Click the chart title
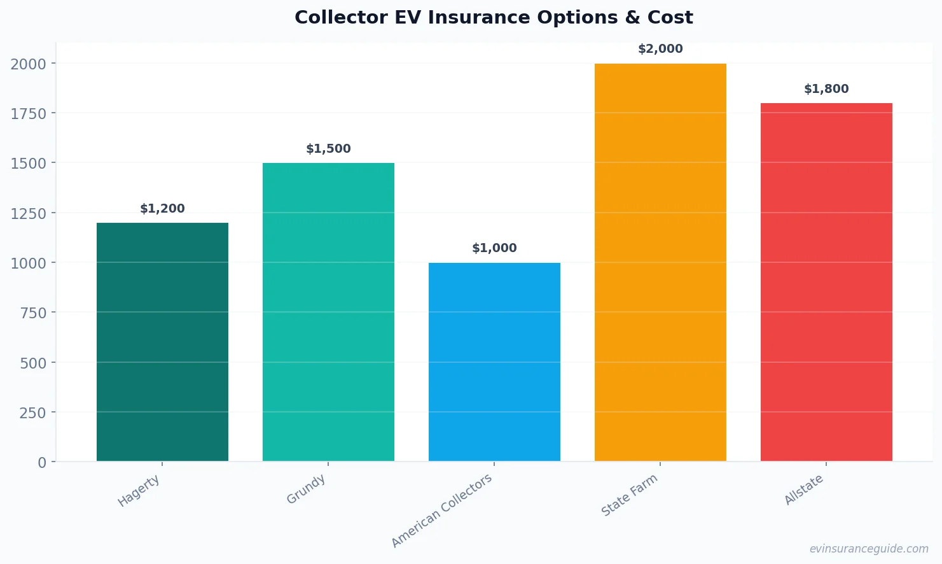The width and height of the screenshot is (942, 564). coord(494,17)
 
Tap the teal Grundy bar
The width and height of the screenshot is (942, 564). coord(328,312)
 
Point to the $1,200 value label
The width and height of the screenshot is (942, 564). coord(162,209)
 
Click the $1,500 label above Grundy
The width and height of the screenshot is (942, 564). coord(328,149)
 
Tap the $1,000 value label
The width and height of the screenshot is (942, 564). coord(494,248)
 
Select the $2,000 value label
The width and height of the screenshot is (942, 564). coord(660,49)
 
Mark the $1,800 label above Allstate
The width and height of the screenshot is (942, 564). coord(826,89)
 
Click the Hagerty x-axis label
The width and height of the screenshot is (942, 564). coord(139,491)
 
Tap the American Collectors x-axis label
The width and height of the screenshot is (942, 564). coord(442,511)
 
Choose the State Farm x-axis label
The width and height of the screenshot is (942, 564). coord(629,496)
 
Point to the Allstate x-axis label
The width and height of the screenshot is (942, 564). coord(804,490)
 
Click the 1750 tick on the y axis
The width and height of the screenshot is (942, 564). coord(29,113)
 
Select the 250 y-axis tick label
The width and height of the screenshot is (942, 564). coord(33,412)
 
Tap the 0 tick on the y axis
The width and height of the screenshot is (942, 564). coord(42,463)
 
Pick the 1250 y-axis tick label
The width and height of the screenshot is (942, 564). coord(29,213)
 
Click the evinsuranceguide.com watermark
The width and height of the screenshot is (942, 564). coord(869,549)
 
